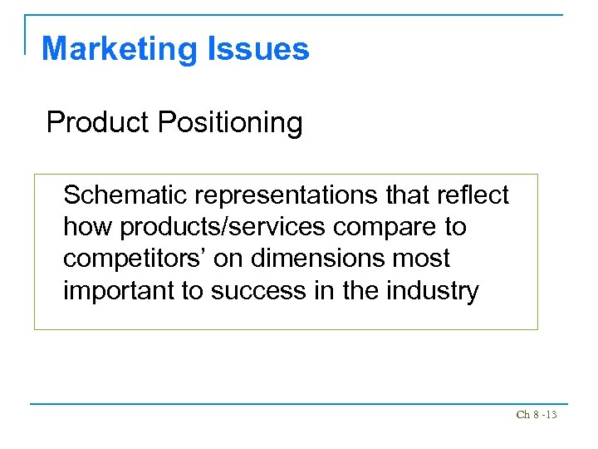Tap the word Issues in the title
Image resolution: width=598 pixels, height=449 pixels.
coord(266,49)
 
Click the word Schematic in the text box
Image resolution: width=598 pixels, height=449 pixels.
coord(125,195)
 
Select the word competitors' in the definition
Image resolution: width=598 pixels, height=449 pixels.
coord(132,259)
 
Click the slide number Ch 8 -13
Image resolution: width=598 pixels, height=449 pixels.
coord(537,414)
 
